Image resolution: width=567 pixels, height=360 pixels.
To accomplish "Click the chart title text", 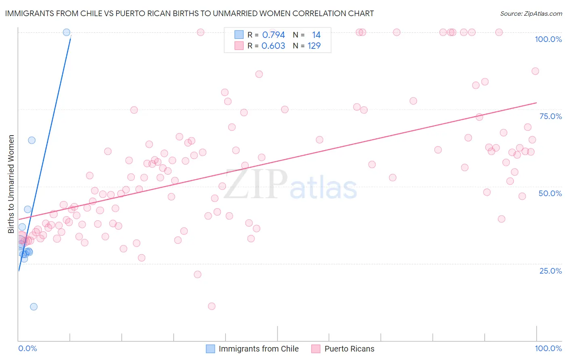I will coord(189,13).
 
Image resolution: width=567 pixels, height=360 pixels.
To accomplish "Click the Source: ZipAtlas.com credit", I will coord(531,13).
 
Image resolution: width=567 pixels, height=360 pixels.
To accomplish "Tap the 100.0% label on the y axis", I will coord(548,39).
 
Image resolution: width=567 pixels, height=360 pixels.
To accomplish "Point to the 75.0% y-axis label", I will coord(550,116).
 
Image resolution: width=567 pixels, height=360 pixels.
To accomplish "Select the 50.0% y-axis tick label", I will coord(550,193).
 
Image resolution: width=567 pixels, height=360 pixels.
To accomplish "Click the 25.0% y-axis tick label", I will coord(550,270).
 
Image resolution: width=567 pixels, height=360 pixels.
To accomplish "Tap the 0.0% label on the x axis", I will coord(27,348).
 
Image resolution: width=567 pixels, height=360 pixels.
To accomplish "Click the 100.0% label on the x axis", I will coord(548,348).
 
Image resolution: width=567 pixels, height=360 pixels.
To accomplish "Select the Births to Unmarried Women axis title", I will coord(11,184).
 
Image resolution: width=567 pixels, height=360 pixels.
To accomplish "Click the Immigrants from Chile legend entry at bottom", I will coord(258,349).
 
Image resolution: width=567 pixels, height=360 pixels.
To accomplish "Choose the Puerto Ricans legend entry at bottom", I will coord(349,349).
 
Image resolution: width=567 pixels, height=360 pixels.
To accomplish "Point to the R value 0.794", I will coord(273,35).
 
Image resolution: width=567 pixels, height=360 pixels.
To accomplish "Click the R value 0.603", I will coord(273,46).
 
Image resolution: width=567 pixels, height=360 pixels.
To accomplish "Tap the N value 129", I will coord(314,46).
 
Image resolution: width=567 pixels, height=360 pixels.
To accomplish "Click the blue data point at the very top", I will coord(67,32).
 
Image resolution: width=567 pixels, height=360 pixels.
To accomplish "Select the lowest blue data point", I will coord(33,307).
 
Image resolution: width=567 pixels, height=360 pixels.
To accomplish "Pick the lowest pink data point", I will coord(212,306).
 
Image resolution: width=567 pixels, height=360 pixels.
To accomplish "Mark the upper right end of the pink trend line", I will coord(536,103).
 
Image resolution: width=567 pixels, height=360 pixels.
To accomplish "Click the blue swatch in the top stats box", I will coord(239,35).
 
